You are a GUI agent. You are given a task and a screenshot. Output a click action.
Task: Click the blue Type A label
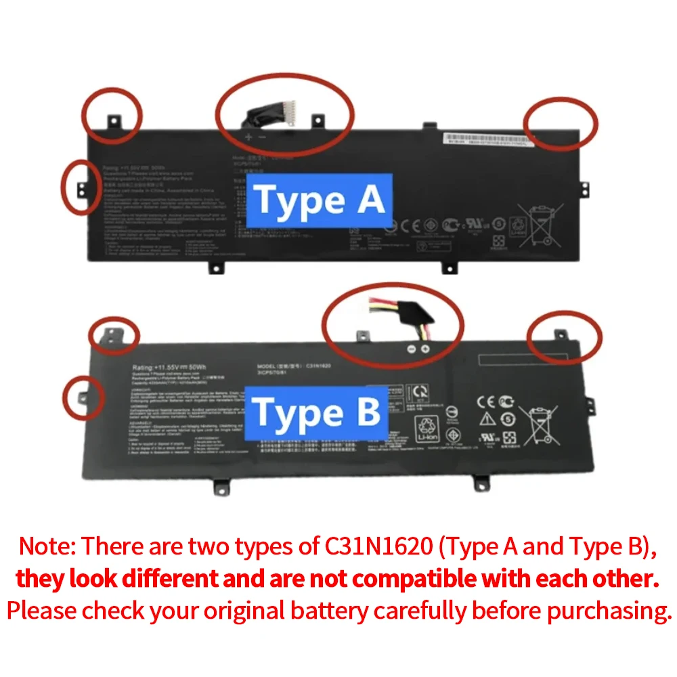[318, 200]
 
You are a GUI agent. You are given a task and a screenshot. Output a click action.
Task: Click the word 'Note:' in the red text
[47, 546]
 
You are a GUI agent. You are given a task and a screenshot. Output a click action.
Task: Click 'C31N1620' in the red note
[377, 546]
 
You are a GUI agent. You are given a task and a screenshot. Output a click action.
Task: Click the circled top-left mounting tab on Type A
[114, 120]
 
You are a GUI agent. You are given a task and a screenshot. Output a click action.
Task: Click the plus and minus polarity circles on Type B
[418, 349]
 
